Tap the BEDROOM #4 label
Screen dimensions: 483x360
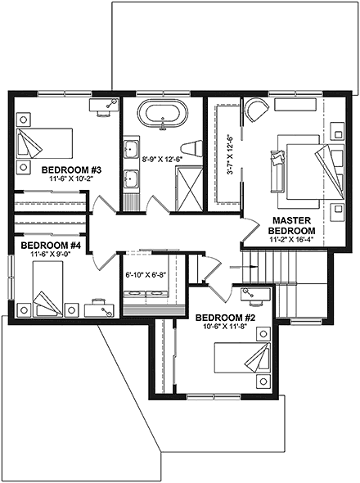click(51, 245)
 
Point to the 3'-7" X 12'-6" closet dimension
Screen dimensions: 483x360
click(231, 156)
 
